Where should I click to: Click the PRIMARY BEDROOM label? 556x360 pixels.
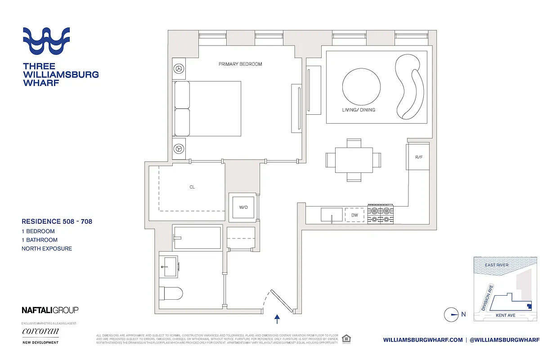point(240,64)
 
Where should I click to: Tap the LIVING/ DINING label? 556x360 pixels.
point(358,110)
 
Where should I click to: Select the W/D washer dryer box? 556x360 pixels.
point(243,207)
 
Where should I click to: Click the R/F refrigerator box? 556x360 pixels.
point(419,157)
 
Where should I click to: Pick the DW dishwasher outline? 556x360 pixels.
point(355,215)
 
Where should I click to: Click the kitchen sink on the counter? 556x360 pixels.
point(332,215)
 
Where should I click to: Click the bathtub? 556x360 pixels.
point(197,238)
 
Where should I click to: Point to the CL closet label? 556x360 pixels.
point(192,187)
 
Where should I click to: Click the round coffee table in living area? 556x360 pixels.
point(361,86)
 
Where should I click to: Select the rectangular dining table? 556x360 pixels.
point(354,160)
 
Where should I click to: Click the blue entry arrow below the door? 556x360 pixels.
point(277,319)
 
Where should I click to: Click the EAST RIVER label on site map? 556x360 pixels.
point(497,265)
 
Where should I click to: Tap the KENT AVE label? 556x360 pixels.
point(505,315)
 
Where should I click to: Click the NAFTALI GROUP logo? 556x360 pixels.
point(50,310)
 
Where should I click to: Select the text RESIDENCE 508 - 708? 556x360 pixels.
point(57,221)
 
